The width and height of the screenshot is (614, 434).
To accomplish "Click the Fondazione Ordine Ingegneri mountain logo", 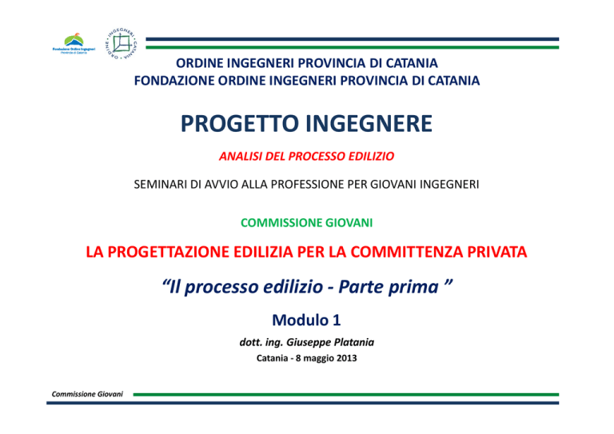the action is point(74,43).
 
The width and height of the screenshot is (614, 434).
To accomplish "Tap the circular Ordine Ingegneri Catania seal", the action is point(122,43).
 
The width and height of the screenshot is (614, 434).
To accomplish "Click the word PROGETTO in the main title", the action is point(240,124).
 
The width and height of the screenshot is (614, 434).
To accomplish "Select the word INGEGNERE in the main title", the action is point(369,124).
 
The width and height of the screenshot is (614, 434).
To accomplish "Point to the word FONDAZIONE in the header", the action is point(173,81).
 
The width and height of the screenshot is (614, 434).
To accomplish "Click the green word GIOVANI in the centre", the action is point(349,223).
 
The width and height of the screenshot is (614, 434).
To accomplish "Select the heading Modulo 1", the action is point(307,321).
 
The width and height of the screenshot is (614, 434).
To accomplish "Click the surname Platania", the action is point(353,342).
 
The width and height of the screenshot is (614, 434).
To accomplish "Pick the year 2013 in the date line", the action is point(346,358).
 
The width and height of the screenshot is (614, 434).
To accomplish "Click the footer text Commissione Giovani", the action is point(87,394).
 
